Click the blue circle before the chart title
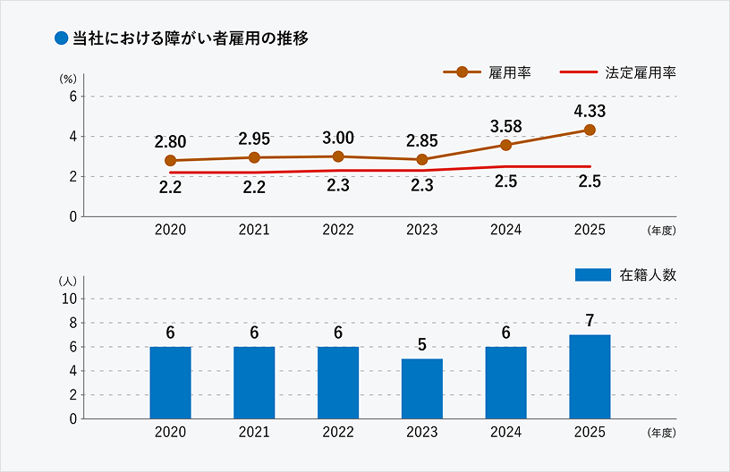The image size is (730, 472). pyautogui.click(x=62, y=38)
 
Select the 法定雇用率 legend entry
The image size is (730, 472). pyautogui.click(x=617, y=72)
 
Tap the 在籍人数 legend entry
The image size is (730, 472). pyautogui.click(x=625, y=275)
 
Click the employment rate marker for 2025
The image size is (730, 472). pyautogui.click(x=590, y=130)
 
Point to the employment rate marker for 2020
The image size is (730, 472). pyautogui.click(x=170, y=161)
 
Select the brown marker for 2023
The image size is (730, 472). pyautogui.click(x=422, y=160)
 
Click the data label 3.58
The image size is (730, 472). pyautogui.click(x=506, y=125)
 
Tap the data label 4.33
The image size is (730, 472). pyautogui.click(x=590, y=111)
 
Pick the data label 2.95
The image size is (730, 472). pyautogui.click(x=254, y=139)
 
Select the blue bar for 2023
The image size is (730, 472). pyautogui.click(x=422, y=388)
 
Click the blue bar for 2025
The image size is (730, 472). pyautogui.click(x=590, y=376)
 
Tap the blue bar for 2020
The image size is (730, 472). pyautogui.click(x=170, y=382)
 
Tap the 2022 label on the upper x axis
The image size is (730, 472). pyautogui.click(x=338, y=231)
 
